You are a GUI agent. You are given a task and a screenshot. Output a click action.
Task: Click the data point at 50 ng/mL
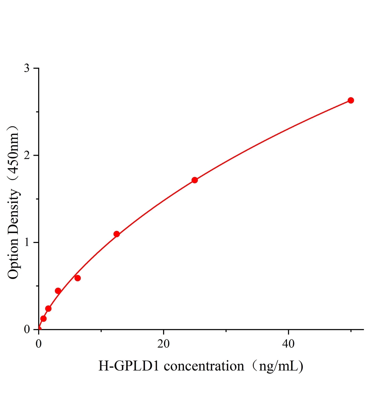point(350,101)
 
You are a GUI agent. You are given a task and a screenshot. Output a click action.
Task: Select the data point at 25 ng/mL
point(195,180)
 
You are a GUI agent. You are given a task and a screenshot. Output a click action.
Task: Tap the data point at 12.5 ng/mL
point(117,234)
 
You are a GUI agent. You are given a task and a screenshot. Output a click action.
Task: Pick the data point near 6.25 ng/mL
point(78,278)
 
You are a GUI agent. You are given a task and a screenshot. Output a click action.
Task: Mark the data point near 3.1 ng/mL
point(58,291)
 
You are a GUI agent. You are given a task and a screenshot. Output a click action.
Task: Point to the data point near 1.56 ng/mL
point(48,309)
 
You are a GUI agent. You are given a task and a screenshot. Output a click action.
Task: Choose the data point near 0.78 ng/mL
point(43,319)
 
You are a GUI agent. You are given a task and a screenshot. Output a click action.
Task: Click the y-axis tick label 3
point(27,68)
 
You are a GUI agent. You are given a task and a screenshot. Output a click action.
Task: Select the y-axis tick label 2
point(27,155)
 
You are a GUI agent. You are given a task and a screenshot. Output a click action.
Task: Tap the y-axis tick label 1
point(27,242)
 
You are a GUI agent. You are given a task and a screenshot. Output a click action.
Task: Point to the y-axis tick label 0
point(27,329)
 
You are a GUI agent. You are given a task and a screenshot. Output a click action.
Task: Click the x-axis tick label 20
point(163,344)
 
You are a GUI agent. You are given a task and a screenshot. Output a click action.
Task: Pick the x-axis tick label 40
point(288,344)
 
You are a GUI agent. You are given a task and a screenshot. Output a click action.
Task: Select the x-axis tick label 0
point(39,344)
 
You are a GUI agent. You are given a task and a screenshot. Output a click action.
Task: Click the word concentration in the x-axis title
point(204,366)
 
